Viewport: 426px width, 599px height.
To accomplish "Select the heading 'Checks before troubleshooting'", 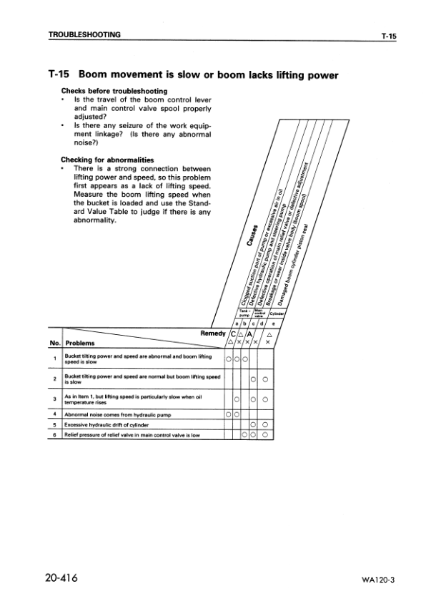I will click(114, 91).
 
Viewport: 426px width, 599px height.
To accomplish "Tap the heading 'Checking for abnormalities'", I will click(108, 159).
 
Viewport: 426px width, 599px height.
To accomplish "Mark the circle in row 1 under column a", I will click(228, 359).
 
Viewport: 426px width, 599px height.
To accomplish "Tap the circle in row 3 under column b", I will click(237, 398).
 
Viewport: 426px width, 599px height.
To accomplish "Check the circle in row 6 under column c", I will click(245, 434).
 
